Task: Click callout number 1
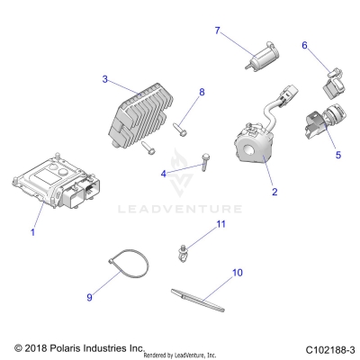pos(33,232)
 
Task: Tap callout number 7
pos(218,31)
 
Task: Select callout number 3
pos(104,79)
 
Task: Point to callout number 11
pos(221,224)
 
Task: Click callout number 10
pos(237,273)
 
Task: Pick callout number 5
pos(338,155)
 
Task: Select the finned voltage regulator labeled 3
pos(140,115)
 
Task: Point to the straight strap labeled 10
pos(198,301)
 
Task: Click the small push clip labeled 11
pos(181,254)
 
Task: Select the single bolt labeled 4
pos(205,162)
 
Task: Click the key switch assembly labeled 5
pos(325,121)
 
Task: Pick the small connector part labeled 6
pos(334,83)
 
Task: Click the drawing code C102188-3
pos(330,350)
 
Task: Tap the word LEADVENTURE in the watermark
pos(180,209)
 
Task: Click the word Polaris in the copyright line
pos(64,348)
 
